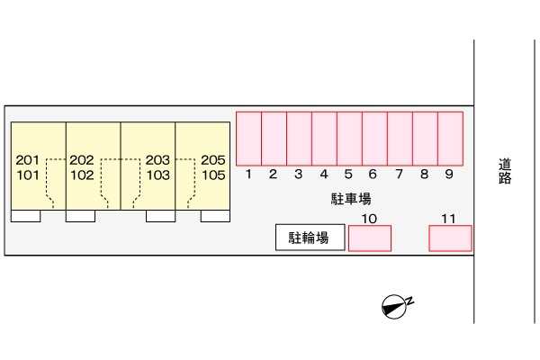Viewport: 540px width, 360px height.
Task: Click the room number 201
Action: (x=28, y=160)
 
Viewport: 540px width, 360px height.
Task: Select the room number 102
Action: (x=82, y=175)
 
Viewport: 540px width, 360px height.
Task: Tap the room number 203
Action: (x=157, y=160)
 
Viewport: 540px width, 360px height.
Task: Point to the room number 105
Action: (x=213, y=175)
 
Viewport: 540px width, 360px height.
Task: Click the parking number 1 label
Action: (x=248, y=174)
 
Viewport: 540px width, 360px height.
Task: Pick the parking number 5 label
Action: (x=348, y=174)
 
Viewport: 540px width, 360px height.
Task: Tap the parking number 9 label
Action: (x=449, y=174)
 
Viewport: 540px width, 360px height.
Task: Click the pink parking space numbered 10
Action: (x=370, y=238)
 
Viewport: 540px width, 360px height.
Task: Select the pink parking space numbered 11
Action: (x=451, y=238)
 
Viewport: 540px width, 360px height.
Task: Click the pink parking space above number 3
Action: (x=300, y=139)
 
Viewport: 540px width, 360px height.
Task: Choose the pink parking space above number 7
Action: (x=400, y=139)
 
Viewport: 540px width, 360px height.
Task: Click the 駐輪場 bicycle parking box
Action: (x=310, y=238)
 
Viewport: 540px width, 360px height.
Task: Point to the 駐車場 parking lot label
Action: (x=351, y=199)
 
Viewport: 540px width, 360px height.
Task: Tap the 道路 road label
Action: (x=505, y=171)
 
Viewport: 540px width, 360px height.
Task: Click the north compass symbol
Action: (x=397, y=305)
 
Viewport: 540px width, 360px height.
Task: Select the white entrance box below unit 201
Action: (x=26, y=216)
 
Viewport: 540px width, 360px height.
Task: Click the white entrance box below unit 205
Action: (x=216, y=216)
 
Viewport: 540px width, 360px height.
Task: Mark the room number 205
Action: (x=213, y=160)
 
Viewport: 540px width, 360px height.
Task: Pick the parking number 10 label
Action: (x=369, y=219)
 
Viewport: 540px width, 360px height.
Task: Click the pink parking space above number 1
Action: (x=248, y=139)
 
